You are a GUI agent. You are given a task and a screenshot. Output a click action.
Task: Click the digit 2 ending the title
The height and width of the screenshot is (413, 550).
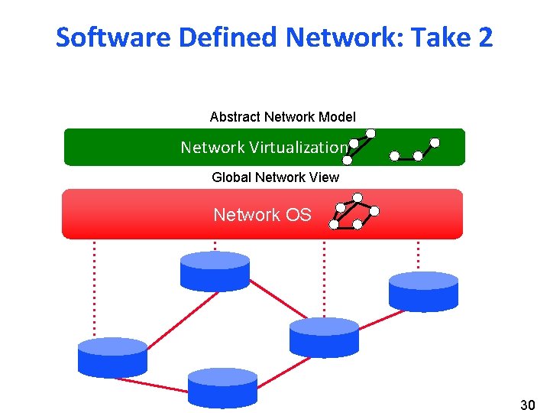[486, 37]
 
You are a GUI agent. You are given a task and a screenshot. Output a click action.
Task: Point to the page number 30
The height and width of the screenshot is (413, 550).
[527, 404]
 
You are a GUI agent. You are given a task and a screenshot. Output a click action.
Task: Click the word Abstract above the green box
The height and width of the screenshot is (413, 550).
[235, 117]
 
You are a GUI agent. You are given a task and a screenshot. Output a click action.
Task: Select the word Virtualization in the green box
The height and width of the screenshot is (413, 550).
[299, 147]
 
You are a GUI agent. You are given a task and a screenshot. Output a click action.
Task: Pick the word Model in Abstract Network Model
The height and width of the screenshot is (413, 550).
[339, 117]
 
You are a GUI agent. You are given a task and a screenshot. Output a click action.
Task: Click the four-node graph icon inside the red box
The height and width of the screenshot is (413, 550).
[354, 215]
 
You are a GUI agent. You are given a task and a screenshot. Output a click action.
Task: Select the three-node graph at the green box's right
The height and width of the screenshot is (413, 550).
[414, 150]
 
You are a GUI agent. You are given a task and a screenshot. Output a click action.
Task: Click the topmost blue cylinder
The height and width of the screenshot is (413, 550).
[215, 271]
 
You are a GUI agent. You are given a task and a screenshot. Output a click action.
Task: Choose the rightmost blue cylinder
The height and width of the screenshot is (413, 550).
[423, 291]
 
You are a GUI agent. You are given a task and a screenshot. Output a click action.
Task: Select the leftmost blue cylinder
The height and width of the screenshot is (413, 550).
[112, 356]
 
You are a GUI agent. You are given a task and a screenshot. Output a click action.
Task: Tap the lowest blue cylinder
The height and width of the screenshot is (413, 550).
[222, 387]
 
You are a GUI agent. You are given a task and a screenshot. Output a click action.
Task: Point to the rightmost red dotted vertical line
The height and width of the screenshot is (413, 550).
[418, 255]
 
